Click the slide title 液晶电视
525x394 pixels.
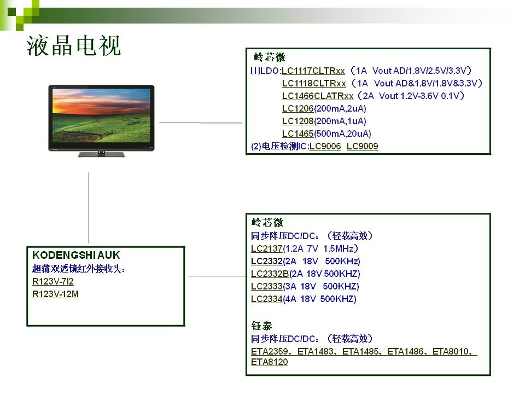click(74, 45)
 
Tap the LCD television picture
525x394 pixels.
click(102, 121)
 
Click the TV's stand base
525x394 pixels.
click(102, 154)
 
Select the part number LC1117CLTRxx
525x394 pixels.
click(313, 71)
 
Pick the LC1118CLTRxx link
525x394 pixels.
click(314, 83)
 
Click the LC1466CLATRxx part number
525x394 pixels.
click(318, 96)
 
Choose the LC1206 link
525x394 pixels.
click(297, 108)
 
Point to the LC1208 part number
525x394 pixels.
click(297, 121)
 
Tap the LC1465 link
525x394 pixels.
click(297, 134)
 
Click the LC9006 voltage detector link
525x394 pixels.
click(325, 147)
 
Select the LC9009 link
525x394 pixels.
click(362, 147)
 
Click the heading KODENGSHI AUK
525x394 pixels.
click(76, 256)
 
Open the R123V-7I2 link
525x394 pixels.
click(53, 281)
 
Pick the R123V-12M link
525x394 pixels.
click(55, 294)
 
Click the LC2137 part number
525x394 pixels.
click(267, 248)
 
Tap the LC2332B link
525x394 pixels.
click(270, 274)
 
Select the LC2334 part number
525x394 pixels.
click(267, 299)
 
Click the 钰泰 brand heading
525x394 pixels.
click(261, 326)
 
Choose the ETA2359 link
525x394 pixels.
click(270, 351)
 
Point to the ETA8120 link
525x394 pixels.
click(270, 362)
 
